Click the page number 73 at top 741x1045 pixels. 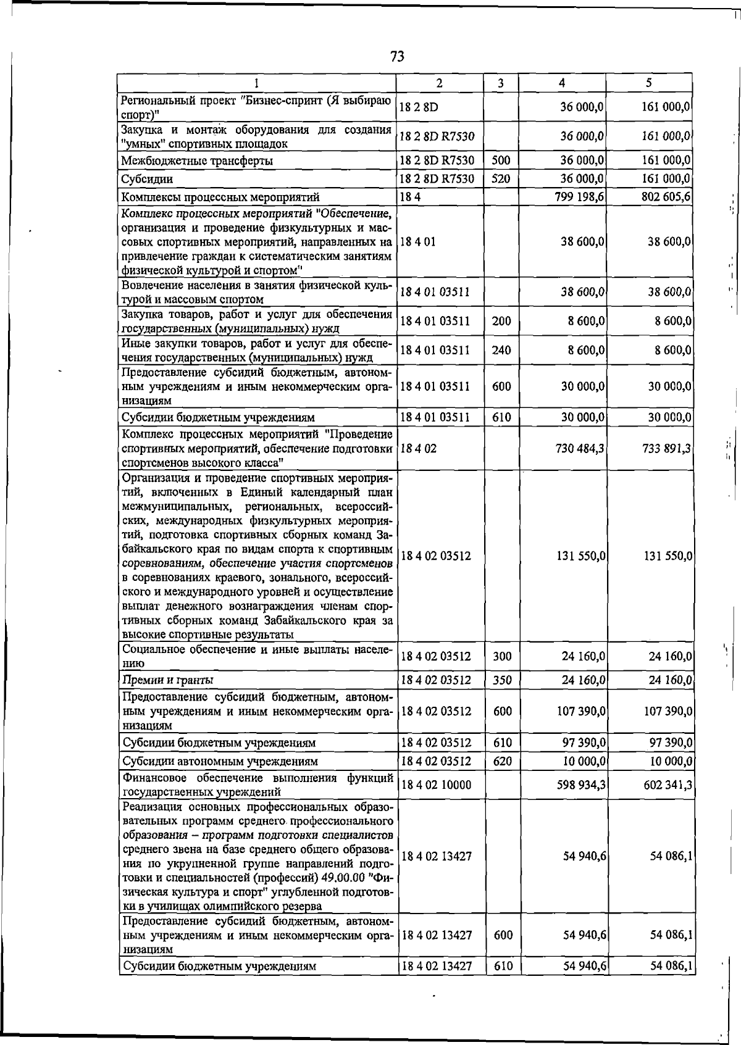[x=397, y=57]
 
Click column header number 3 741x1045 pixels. [x=501, y=83]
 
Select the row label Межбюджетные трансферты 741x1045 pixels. [x=198, y=161]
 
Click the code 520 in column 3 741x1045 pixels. [x=501, y=179]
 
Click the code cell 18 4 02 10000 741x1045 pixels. [x=436, y=785]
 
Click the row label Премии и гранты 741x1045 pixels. [x=168, y=680]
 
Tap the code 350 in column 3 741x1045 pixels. [x=502, y=680]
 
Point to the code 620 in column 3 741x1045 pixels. [x=503, y=761]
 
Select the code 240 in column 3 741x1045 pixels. [x=501, y=350]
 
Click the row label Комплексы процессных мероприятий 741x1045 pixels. [x=220, y=198]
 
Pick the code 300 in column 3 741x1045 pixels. [x=502, y=656]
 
